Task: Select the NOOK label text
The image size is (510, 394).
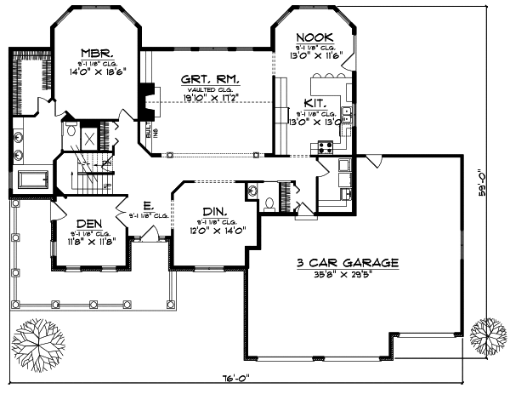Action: coord(314,37)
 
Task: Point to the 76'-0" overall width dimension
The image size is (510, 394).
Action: coord(243,380)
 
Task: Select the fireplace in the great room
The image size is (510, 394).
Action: coord(146,103)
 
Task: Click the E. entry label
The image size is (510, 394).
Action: coord(148,205)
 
